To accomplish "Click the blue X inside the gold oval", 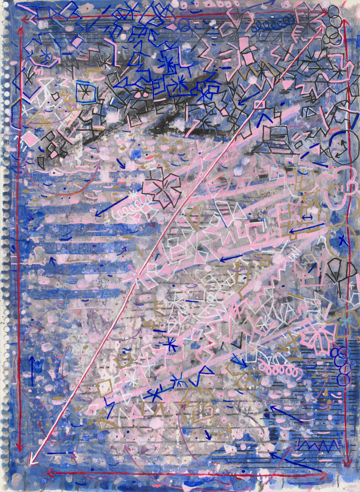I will coord(342,243).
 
